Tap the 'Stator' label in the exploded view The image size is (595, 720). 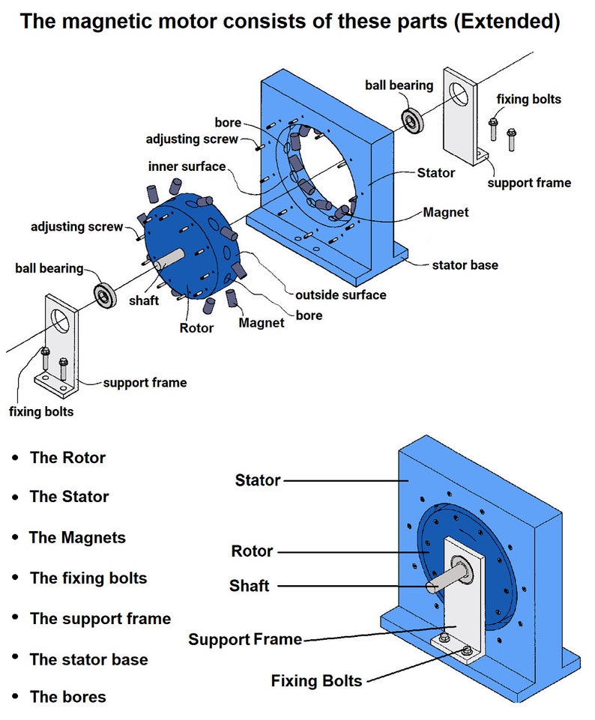435,172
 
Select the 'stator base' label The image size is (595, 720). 465,265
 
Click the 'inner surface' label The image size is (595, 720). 187,166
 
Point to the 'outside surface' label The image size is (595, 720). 341,294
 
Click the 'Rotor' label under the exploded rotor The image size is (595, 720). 196,328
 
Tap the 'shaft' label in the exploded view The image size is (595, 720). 144,300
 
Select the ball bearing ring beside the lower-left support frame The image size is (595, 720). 105,295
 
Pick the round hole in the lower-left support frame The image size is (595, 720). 60,321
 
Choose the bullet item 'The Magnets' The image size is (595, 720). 77,537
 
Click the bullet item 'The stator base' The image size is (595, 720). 89,659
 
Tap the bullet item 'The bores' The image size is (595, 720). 68,697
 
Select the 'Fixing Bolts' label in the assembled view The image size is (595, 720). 316,680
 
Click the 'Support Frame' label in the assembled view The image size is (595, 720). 245,639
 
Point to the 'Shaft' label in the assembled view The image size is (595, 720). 250,585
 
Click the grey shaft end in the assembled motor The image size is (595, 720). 432,587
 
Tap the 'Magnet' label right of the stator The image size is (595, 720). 446,212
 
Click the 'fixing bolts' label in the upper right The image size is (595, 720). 529,99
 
